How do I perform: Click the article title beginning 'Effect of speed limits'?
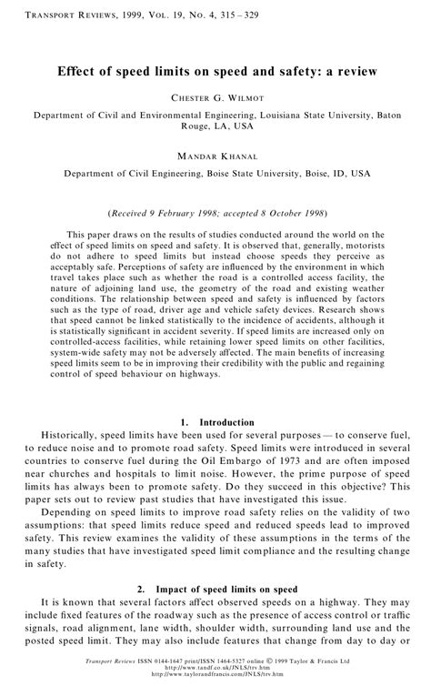click(x=215, y=70)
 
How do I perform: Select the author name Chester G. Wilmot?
click(x=215, y=96)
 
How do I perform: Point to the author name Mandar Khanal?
click(x=215, y=157)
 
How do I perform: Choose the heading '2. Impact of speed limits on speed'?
click(x=215, y=589)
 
